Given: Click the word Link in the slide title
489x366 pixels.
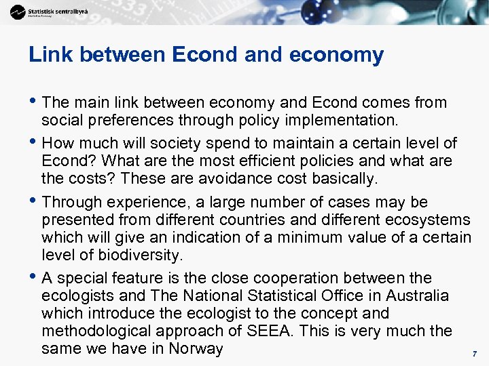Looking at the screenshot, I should (47, 55).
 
